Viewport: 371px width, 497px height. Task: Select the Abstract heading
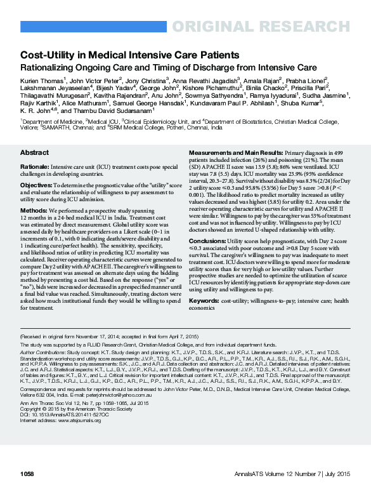(34, 153)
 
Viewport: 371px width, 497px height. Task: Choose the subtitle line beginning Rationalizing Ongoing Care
(168, 67)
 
